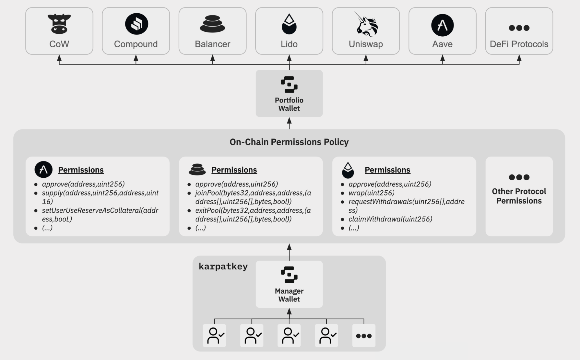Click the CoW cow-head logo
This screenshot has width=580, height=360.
[x=59, y=24]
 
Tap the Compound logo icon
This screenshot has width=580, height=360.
[x=136, y=24]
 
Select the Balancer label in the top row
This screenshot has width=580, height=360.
[x=212, y=44]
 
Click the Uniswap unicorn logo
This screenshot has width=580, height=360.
[x=366, y=24]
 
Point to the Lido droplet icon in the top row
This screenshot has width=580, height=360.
[x=289, y=24]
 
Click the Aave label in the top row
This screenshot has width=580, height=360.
[x=442, y=44]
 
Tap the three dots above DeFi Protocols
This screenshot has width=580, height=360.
[x=519, y=28]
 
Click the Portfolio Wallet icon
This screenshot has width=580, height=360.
[x=289, y=84]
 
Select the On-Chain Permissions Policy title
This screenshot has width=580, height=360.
[x=289, y=142]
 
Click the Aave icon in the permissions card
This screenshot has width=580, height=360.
[x=44, y=170]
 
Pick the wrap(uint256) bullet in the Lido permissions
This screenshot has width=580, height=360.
[x=371, y=193]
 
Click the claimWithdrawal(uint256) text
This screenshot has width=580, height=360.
[x=390, y=219]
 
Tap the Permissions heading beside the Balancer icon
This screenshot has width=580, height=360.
[x=234, y=170]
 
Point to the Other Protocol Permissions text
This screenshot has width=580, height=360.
[x=519, y=196]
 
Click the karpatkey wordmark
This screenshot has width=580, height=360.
[x=223, y=267]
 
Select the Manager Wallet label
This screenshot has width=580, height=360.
[x=289, y=295]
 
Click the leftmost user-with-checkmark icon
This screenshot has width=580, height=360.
[x=214, y=336]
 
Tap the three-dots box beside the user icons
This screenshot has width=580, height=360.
[x=364, y=336]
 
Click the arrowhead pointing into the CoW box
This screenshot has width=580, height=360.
[x=59, y=57]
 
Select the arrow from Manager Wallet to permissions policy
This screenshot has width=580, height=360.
[x=289, y=252]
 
